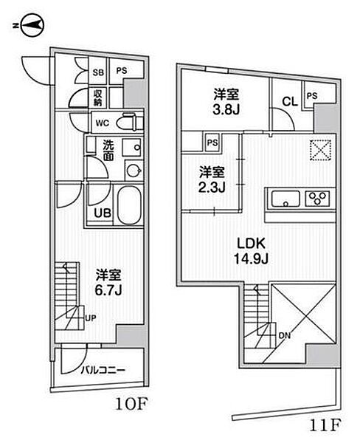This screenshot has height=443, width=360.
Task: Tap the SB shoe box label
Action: pyautogui.click(x=98, y=72)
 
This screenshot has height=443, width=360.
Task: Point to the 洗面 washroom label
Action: pyautogui.click(x=108, y=151)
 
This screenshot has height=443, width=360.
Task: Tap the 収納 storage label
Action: pyautogui.click(x=98, y=97)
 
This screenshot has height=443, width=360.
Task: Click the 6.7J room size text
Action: pyautogui.click(x=108, y=290)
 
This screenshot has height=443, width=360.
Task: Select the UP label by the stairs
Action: pyautogui.click(x=91, y=317)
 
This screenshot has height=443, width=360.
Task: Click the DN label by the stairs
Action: pyautogui.click(x=284, y=336)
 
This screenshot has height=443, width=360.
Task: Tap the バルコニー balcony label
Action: pyautogui.click(x=103, y=370)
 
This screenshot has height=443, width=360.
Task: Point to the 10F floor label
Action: pyautogui.click(x=131, y=405)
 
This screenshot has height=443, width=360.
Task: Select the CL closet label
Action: pyautogui.click(x=290, y=101)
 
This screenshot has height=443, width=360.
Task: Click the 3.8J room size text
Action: pyautogui.click(x=226, y=109)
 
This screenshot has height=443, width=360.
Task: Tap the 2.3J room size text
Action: pyautogui.click(x=212, y=187)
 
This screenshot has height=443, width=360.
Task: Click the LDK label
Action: pyautogui.click(x=251, y=244)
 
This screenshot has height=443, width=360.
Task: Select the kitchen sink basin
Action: pyautogui.click(x=285, y=199)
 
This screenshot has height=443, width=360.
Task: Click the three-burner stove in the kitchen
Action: pyautogui.click(x=318, y=199)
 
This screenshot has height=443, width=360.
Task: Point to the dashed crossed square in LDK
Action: pyautogui.click(x=320, y=151)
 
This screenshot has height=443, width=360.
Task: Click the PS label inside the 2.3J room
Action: pyautogui.click(x=212, y=142)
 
